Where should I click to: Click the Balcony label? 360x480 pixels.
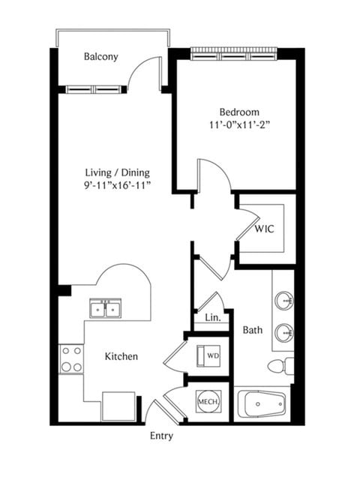point(100,57)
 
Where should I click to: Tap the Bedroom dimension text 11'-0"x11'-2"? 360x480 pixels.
point(239,125)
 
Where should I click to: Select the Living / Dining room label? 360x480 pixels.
point(118,173)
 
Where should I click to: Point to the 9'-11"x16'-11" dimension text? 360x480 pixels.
point(118,185)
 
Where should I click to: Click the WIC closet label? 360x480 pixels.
point(265,229)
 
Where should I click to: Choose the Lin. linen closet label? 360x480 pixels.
point(213,317)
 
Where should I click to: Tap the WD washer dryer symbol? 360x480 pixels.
point(208,355)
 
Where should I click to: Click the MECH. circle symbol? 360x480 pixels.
point(208,402)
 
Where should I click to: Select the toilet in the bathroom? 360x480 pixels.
point(280,365)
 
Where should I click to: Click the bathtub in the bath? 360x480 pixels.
point(262,404)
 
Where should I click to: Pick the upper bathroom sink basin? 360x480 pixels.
point(284,300)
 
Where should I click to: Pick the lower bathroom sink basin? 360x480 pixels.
point(284,333)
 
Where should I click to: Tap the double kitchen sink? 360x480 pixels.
point(105,308)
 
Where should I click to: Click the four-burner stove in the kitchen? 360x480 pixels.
point(72,359)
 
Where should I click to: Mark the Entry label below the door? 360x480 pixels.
point(161,436)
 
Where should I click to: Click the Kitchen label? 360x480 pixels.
point(121,356)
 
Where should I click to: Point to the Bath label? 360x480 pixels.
point(253,330)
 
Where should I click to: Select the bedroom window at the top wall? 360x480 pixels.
point(234,53)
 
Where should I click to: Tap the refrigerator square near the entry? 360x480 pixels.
point(118,406)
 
